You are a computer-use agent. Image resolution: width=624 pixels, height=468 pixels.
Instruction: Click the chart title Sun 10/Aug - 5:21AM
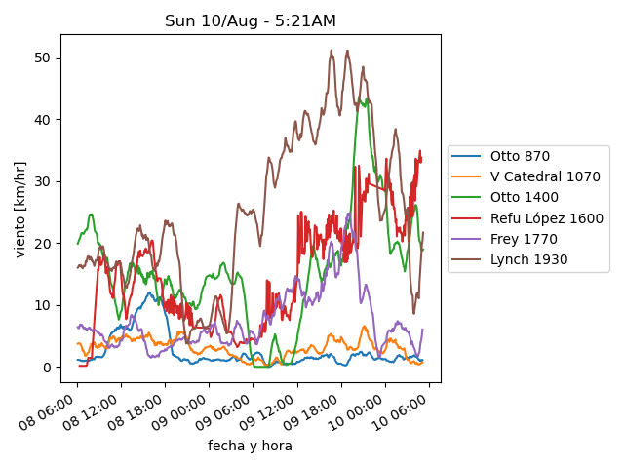coord(251,20)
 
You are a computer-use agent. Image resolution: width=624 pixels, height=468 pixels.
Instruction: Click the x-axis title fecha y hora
coord(250,446)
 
